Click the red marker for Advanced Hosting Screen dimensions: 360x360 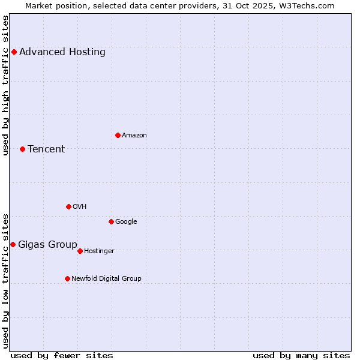tap(14, 52)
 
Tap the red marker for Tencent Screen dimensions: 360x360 tap(22, 149)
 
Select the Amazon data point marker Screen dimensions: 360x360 tap(118, 135)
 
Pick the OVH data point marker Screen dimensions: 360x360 tap(68, 206)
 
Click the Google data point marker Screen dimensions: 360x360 tap(111, 221)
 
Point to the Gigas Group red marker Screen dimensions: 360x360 tap(13, 244)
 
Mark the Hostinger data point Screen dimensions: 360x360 tap(80, 251)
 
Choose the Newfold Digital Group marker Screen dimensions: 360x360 tap(67, 278)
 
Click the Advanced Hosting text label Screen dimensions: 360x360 tap(62, 52)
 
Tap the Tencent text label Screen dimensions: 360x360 tap(46, 149)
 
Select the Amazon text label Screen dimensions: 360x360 tap(134, 135)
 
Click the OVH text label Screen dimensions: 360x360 tap(80, 206)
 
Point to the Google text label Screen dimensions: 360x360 tap(126, 221)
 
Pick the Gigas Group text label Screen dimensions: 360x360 tap(47, 244)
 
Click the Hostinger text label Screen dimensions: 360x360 tap(99, 251)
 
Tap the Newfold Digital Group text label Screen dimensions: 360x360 tap(106, 278)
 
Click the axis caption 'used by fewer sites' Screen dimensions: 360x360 tap(62, 355)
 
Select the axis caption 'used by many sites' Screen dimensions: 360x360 tap(301, 355)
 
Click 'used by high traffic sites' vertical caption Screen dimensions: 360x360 tap(6, 85)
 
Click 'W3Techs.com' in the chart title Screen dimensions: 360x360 tap(309, 5)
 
